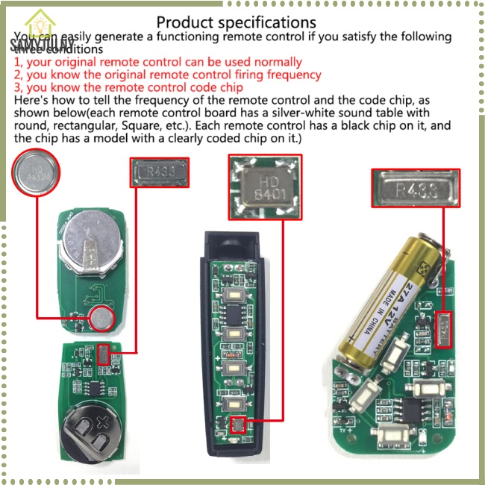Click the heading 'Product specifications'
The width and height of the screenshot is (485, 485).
tap(236, 23)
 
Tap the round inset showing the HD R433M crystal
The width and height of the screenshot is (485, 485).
tap(35, 174)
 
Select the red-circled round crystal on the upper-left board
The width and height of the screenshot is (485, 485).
tap(101, 321)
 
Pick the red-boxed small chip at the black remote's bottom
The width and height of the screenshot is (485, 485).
tap(237, 425)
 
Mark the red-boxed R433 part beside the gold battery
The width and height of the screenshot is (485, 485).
tap(445, 325)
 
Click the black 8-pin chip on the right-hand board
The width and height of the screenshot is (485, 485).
tap(415, 408)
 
